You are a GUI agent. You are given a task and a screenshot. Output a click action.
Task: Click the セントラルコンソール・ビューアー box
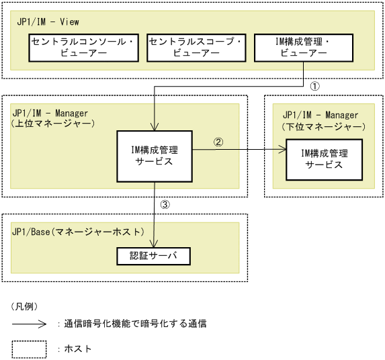click(82, 47)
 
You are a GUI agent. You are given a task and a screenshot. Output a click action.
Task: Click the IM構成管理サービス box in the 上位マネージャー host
click(155, 155)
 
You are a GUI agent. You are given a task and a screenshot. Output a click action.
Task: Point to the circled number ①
click(314, 87)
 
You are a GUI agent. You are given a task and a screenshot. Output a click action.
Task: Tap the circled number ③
click(165, 204)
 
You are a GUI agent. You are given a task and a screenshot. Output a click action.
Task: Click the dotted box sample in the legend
click(29, 349)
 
